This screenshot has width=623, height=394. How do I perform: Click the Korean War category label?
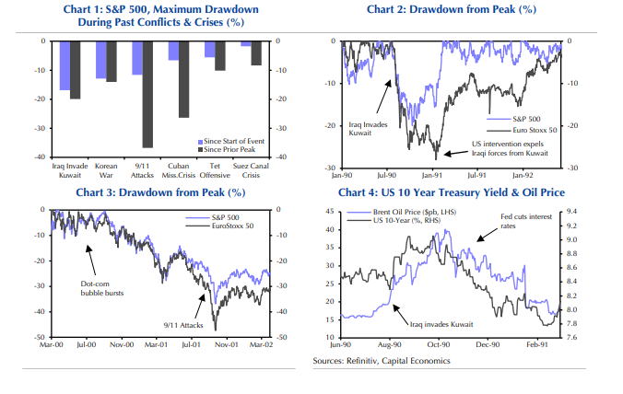107,169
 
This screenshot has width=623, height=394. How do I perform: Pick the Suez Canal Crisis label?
257,169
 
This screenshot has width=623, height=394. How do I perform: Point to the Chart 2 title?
452,9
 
